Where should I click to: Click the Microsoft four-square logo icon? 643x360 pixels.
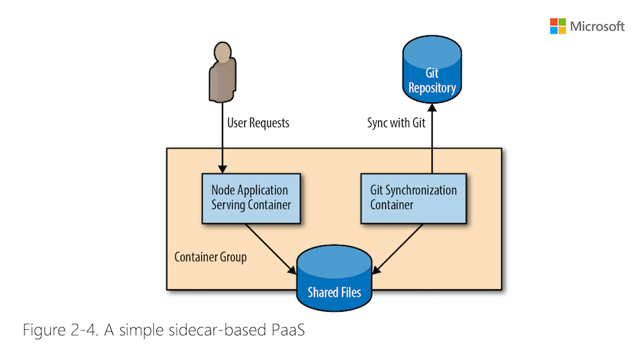(557, 26)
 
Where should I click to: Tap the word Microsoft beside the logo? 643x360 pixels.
(597, 26)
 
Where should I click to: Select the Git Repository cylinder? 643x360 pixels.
(432, 69)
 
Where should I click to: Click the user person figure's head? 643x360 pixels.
(222, 51)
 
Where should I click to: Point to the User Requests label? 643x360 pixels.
(258, 123)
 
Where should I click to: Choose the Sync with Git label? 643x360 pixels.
(396, 123)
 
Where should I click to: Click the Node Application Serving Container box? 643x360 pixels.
(251, 199)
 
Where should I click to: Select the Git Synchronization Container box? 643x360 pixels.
(413, 199)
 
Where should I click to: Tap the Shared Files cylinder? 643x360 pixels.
(334, 278)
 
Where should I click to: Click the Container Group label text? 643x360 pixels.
(210, 257)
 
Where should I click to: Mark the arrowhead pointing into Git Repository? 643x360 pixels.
(432, 107)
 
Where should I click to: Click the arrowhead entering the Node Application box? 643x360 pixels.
(222, 169)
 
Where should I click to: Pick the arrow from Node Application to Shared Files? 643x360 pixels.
(271, 249)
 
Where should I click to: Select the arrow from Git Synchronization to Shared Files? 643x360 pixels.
(397, 249)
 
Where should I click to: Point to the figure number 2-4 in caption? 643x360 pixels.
(84, 330)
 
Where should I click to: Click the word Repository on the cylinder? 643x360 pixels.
(432, 87)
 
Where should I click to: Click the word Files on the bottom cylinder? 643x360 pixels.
(350, 292)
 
